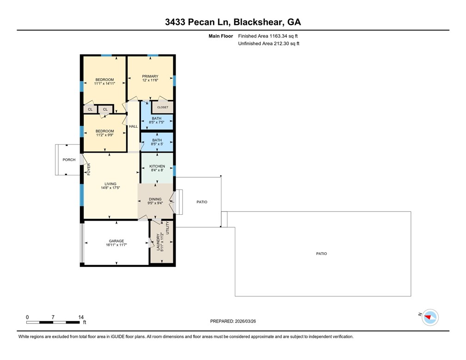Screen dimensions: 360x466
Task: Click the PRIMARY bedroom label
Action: pos(150,76)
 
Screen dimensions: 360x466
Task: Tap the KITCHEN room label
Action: pos(157,166)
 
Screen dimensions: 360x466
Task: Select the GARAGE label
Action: pos(116,241)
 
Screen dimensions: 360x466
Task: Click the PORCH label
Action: pos(69,160)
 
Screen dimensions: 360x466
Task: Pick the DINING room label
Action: pos(155,199)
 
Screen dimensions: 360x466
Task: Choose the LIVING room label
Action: pos(110,184)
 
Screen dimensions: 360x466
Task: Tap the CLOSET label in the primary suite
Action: pos(163,107)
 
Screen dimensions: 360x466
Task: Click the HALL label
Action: pos(133,126)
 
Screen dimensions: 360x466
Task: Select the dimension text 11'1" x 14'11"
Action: pos(104,84)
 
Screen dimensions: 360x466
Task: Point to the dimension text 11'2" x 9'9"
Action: pos(104,135)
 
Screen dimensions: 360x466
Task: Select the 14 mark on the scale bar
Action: pos(81,317)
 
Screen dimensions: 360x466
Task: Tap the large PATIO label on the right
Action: pos(321,254)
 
